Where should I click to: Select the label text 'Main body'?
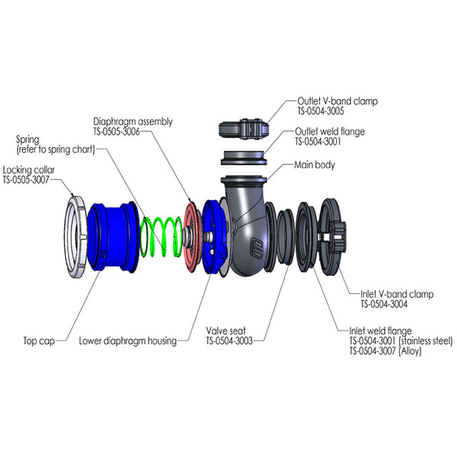[x=314, y=165]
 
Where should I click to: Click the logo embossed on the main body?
[x=257, y=247]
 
